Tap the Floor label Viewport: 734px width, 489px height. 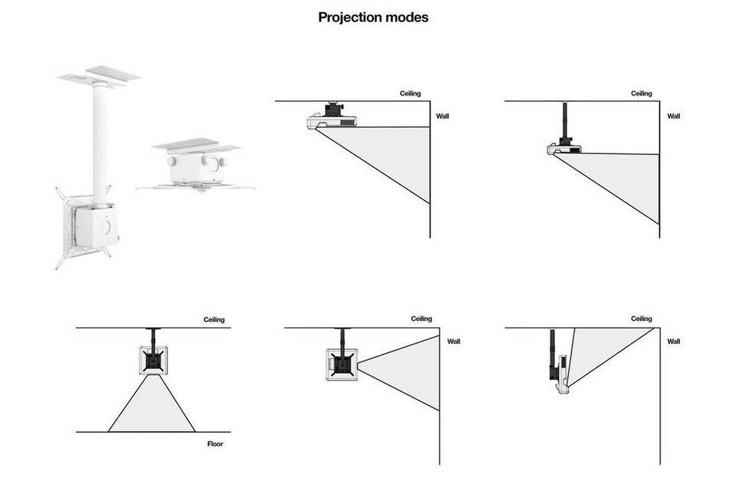pyautogui.click(x=216, y=444)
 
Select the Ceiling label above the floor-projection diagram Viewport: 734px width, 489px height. pyautogui.click(x=214, y=319)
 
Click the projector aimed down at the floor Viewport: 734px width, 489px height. pyautogui.click(x=153, y=361)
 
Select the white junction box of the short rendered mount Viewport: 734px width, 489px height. pyautogui.click(x=195, y=168)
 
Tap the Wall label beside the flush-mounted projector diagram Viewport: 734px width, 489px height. pyautogui.click(x=443, y=116)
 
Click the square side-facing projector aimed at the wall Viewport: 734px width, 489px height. pyautogui.click(x=342, y=364)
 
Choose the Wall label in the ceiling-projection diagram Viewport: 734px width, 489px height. pyautogui.click(x=674, y=341)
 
